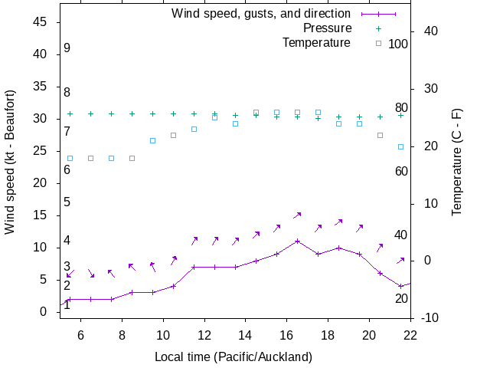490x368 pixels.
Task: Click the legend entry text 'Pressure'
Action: pos(327,28)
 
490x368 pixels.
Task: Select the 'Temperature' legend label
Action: pos(316,42)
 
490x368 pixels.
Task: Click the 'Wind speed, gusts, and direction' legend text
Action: pos(261,14)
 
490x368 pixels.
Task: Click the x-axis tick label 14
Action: pos(245,335)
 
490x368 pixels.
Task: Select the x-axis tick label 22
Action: pos(410,335)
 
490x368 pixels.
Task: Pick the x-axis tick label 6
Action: pos(80,335)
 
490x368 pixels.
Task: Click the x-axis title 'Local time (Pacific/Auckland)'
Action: pos(234,356)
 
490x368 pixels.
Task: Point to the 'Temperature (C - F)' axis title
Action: pos(457,162)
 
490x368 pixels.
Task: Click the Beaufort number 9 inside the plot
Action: pos(67,48)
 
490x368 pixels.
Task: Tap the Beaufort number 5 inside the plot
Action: pos(67,202)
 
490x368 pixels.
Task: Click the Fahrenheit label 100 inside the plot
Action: pos(398,44)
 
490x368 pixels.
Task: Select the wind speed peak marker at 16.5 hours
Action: pos(298,241)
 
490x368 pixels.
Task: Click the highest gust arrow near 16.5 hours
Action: pos(298,215)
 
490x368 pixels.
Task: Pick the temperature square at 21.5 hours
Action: pos(400,146)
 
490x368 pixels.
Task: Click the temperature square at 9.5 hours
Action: pos(153,141)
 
